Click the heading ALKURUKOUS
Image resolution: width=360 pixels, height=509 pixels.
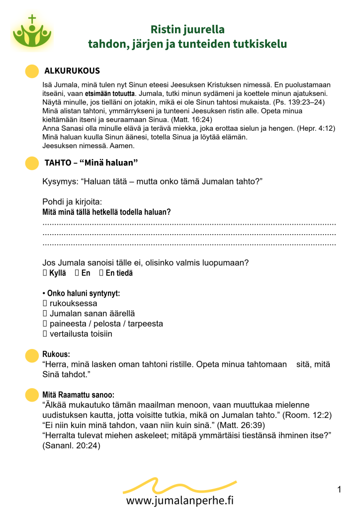(x=72, y=71)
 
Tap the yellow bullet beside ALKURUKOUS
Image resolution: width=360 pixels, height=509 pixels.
(x=32, y=71)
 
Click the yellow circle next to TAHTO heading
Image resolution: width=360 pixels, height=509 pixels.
(x=32, y=163)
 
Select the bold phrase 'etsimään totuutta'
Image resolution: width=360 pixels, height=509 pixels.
(x=110, y=93)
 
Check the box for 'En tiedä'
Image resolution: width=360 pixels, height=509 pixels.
(x=101, y=273)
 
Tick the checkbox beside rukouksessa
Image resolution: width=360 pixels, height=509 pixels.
(x=45, y=303)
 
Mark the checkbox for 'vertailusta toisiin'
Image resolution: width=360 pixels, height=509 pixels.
(x=45, y=334)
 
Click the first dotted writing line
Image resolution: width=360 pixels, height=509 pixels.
(x=189, y=225)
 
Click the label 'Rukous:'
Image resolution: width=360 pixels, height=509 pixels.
(x=56, y=354)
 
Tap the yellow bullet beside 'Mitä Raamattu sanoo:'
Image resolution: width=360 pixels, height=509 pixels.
(x=32, y=395)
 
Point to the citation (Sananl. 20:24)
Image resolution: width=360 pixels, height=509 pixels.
(x=72, y=446)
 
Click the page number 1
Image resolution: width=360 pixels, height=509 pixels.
(x=339, y=490)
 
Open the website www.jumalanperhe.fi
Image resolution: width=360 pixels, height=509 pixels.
(x=180, y=500)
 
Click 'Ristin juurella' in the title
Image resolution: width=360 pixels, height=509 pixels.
(x=187, y=29)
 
